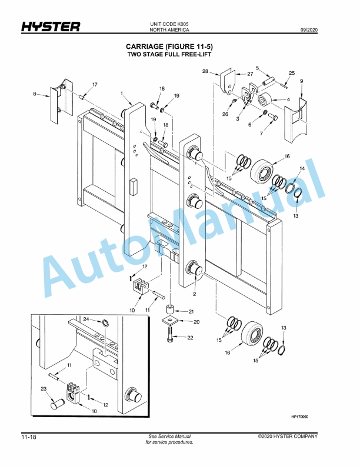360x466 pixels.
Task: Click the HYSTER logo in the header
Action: pyautogui.click(x=51, y=27)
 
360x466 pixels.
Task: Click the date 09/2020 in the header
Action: pyautogui.click(x=309, y=29)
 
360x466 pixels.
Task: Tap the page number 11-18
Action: pyautogui.click(x=31, y=437)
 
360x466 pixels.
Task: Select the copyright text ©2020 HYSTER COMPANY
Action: pyautogui.click(x=288, y=436)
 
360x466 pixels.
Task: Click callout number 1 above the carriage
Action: pyautogui.click(x=121, y=94)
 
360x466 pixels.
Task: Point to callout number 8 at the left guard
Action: pyautogui.click(x=35, y=94)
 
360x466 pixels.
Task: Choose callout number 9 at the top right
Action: pyautogui.click(x=301, y=81)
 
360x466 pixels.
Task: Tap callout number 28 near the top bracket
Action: pyautogui.click(x=205, y=71)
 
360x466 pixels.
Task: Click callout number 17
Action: pyautogui.click(x=94, y=85)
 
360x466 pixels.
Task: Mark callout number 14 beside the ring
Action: pyautogui.click(x=302, y=169)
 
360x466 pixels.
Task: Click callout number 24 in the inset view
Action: pyautogui.click(x=86, y=319)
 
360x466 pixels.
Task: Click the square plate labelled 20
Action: pyautogui.click(x=170, y=322)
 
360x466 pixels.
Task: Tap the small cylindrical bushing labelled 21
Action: pyautogui.click(x=170, y=309)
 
